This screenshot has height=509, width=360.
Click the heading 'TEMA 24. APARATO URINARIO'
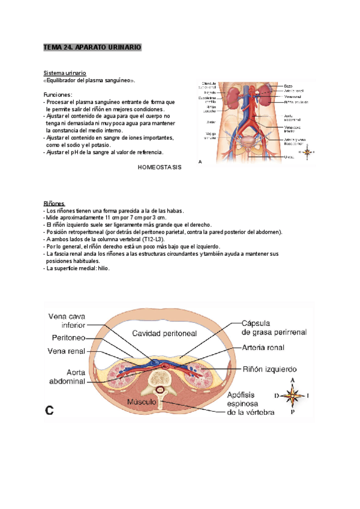tap(92, 46)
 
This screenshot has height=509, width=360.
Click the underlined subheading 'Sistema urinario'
tap(64, 73)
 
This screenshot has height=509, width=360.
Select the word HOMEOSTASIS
tap(159, 168)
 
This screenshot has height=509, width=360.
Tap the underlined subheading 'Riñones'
tap(55, 204)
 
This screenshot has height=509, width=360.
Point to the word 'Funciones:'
tap(58, 95)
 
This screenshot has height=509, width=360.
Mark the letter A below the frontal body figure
tap(200, 161)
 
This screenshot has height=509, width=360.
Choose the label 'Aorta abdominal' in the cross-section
tap(67, 377)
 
